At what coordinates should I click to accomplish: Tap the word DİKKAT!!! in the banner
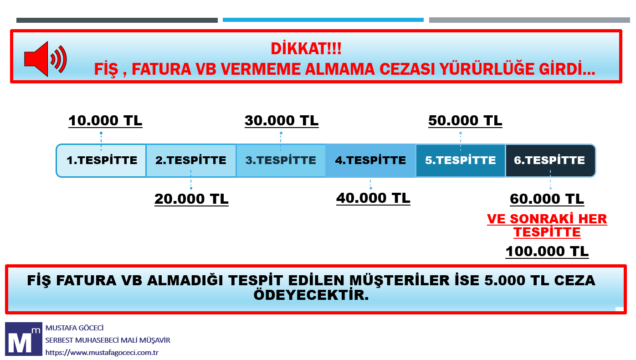coord(306,49)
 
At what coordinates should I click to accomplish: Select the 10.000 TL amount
coord(105,121)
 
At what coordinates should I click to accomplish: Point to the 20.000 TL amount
coord(191,199)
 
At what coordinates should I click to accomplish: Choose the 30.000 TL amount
coord(282,121)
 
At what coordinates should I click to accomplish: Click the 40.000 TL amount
coord(373,198)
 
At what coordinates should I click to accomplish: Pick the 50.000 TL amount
coord(465,121)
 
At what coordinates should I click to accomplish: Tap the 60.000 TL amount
coord(547,199)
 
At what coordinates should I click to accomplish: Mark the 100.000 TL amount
coord(547,252)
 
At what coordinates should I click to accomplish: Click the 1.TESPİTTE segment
coord(101,161)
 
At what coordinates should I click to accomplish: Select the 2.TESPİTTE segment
coord(191,161)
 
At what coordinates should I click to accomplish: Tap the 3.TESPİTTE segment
coord(281,161)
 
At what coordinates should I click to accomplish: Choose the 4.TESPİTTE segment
coord(370,161)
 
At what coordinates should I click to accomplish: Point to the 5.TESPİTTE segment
coord(460,161)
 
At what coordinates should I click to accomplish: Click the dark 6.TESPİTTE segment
coord(550,161)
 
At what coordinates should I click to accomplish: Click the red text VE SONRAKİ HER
coord(547,219)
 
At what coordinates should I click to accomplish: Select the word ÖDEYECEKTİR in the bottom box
coord(311,295)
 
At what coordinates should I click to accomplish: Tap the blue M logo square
coord(24,339)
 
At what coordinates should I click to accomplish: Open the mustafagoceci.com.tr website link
coord(102,353)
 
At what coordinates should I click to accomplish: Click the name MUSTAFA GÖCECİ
coord(74,328)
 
